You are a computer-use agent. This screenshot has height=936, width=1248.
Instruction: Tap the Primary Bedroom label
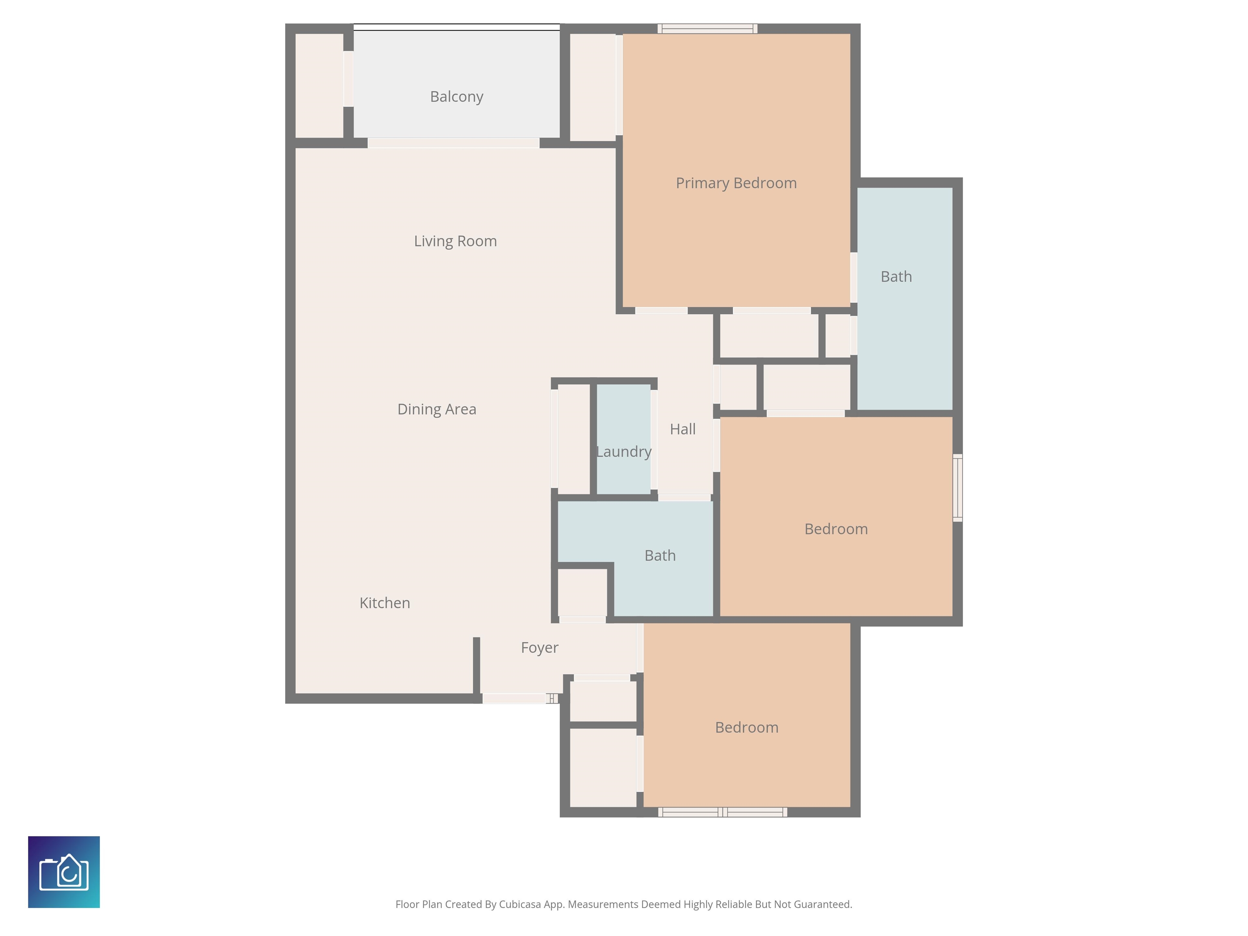736,183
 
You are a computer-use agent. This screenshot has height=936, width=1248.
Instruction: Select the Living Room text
455,241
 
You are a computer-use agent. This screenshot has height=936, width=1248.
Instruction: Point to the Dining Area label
437,409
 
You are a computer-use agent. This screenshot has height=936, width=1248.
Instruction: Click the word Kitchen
385,603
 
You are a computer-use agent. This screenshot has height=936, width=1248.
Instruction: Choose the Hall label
682,429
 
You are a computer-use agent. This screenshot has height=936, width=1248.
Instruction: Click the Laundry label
624,452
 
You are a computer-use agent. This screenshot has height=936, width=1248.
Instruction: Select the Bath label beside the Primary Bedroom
896,277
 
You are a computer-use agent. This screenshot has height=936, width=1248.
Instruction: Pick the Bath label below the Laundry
660,556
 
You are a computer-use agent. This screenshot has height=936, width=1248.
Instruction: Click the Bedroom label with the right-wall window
836,529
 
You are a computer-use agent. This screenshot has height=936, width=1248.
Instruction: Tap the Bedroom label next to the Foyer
746,728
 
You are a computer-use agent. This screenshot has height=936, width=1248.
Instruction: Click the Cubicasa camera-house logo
64,872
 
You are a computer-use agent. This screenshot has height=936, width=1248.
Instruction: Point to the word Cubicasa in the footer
520,904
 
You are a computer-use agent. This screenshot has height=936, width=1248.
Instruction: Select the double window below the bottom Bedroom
723,812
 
